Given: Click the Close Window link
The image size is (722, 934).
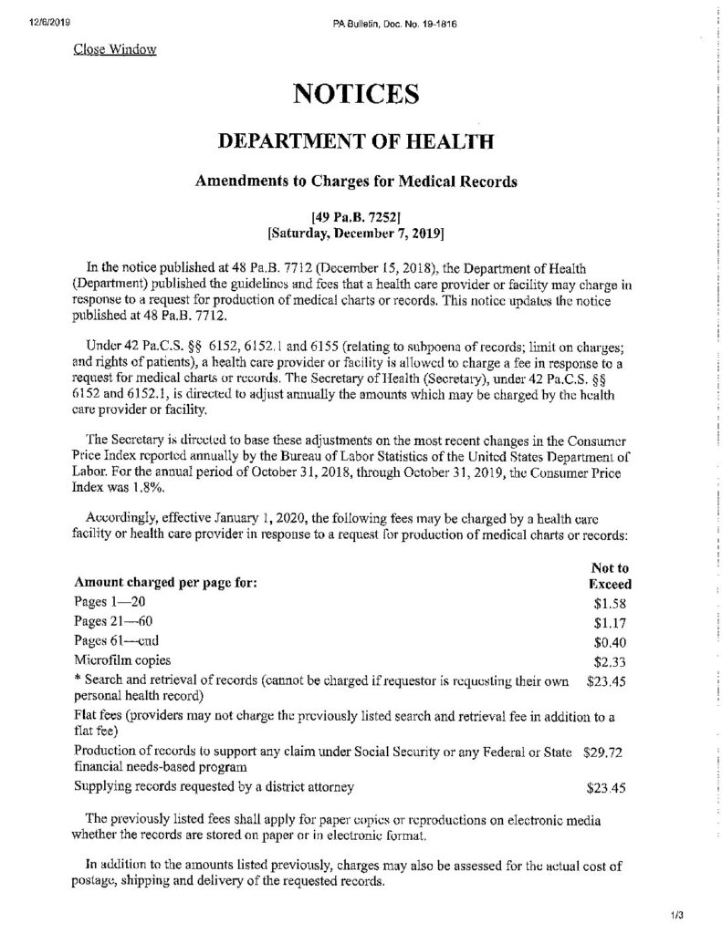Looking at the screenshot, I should (x=114, y=49).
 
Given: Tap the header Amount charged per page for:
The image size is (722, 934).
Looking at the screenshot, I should (x=165, y=582).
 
